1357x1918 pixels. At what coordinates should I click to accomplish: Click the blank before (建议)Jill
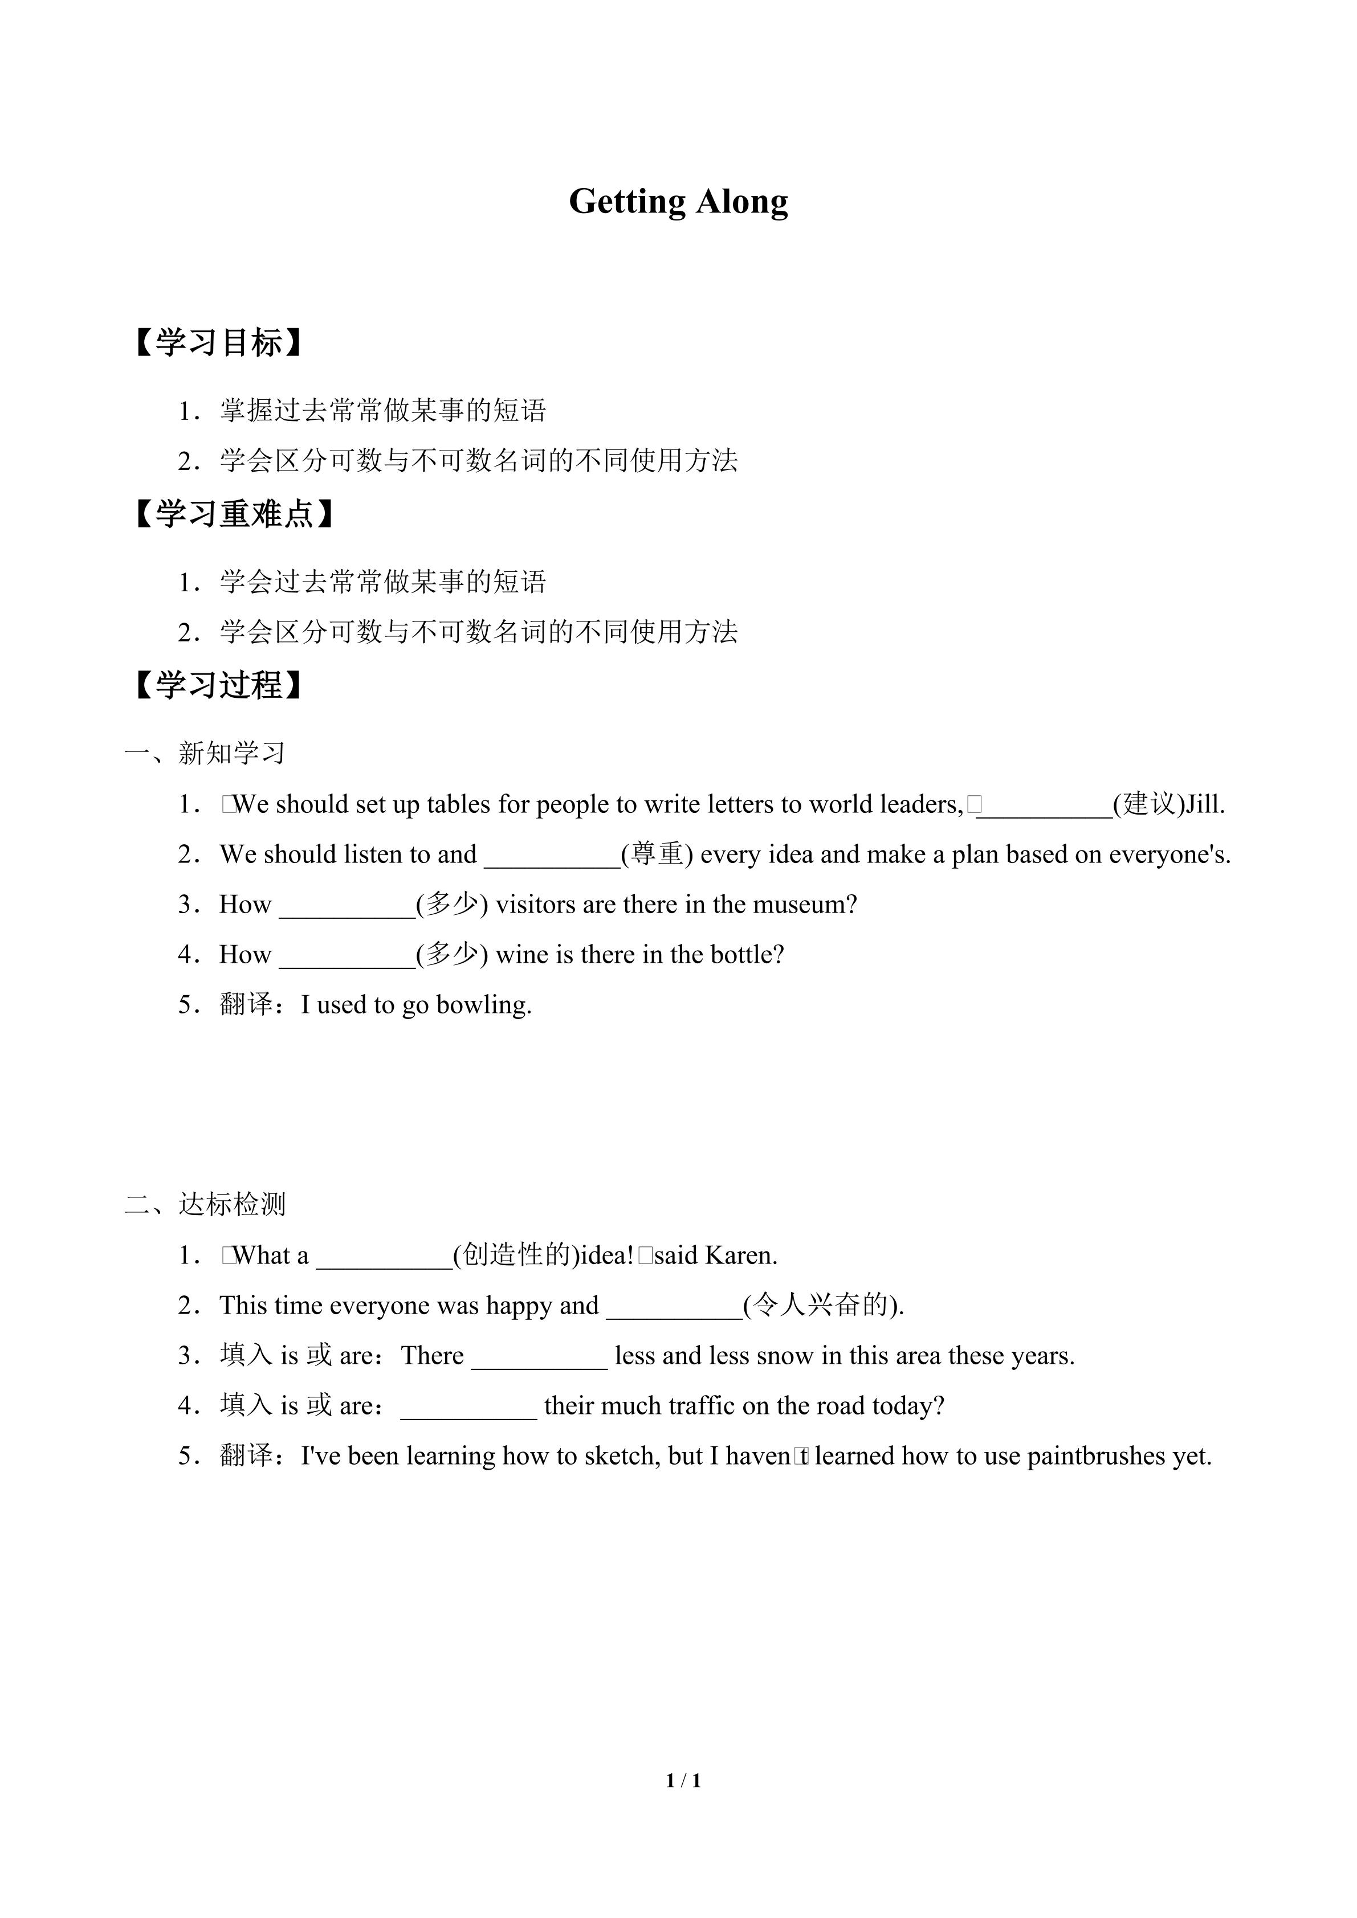(1045, 806)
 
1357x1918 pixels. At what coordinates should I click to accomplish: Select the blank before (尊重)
(552, 856)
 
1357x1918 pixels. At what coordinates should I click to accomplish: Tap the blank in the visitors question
(347, 906)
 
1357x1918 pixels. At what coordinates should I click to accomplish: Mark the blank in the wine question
(347, 956)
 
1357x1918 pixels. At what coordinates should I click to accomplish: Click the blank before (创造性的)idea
(384, 1257)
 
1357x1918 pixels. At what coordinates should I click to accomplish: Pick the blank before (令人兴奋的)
(674, 1307)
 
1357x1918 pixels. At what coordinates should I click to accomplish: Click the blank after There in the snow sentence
(539, 1357)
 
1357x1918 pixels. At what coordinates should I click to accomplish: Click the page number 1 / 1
(683, 1780)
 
